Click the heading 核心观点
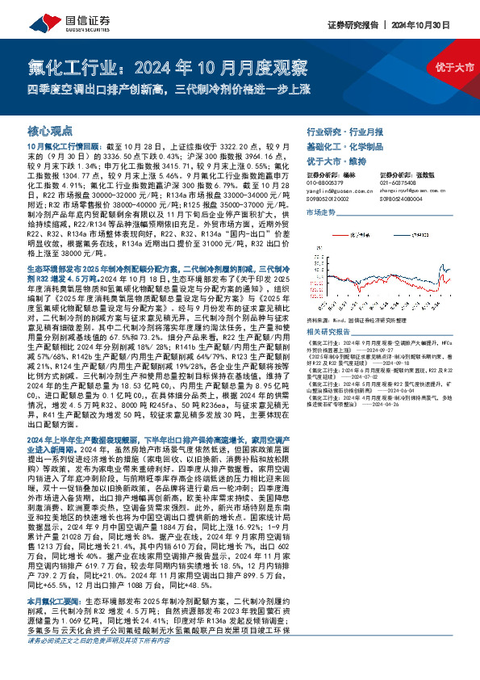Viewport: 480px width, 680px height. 50,130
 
